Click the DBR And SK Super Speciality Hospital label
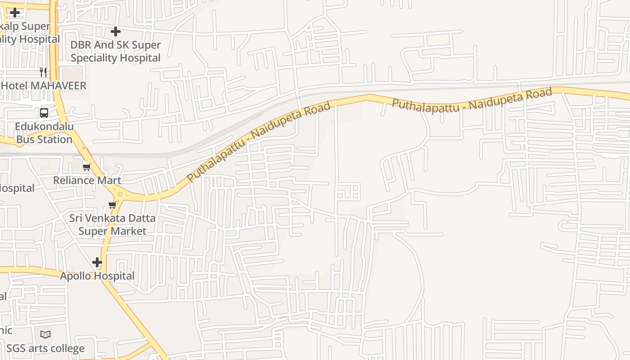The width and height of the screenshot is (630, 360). (x=115, y=51)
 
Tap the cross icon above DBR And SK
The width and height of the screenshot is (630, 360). (x=116, y=31)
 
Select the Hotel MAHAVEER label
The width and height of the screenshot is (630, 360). (x=44, y=85)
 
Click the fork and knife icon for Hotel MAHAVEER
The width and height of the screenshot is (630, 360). (x=43, y=72)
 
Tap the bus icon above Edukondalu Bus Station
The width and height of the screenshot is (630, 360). (x=44, y=112)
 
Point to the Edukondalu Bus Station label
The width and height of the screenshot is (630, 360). (x=44, y=133)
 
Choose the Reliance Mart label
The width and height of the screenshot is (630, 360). (x=87, y=180)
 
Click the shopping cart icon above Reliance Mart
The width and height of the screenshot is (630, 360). (x=86, y=167)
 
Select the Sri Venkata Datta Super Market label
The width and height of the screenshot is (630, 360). (x=112, y=225)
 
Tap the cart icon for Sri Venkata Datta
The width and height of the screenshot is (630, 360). (x=112, y=205)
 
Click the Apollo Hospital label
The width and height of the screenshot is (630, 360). (x=97, y=276)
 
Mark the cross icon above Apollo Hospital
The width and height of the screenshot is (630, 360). (x=97, y=262)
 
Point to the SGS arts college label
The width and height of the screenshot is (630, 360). (x=45, y=348)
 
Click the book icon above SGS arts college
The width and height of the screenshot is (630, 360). (x=45, y=334)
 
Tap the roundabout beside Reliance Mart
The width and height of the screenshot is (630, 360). (x=120, y=194)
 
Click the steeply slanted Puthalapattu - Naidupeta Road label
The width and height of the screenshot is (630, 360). (x=259, y=141)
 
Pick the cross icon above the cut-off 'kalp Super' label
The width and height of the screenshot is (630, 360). (x=15, y=12)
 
